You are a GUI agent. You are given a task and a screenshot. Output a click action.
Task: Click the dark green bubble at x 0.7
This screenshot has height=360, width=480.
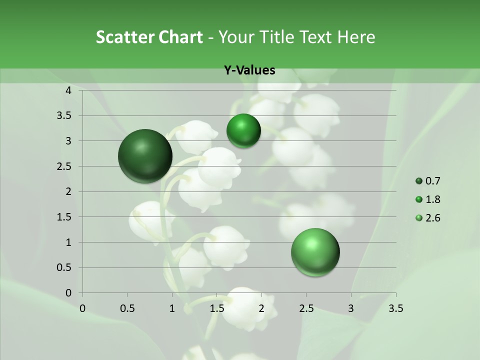point(145,156)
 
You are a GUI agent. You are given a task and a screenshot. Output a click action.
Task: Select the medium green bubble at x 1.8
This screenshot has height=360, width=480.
point(243,131)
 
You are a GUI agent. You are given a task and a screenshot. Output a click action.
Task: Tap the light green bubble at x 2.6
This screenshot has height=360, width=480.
point(315,252)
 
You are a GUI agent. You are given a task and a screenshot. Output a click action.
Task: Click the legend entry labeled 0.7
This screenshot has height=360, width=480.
point(432,181)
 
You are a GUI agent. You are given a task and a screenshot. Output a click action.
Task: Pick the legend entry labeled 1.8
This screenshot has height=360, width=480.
point(432,199)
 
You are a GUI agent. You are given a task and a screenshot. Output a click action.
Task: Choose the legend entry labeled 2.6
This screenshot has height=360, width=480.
point(432,218)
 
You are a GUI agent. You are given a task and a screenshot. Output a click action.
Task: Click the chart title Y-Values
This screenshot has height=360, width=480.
point(249,70)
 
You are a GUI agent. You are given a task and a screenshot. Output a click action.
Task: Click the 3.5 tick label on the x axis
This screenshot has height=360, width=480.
point(395,308)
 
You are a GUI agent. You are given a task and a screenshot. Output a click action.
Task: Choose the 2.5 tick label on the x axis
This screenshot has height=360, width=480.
point(306,308)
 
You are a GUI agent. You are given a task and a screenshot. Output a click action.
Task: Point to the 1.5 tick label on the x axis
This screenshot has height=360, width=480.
point(216,308)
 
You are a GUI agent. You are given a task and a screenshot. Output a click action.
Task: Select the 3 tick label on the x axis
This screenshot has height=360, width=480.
point(351,308)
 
